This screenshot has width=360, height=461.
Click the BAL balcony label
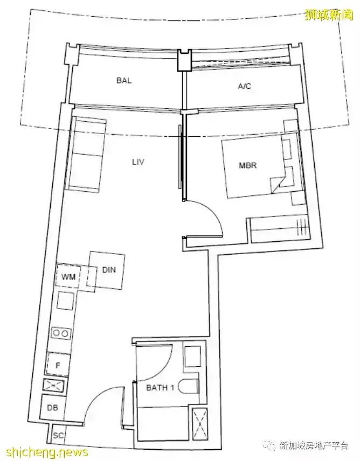click(124, 80)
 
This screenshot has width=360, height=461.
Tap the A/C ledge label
click(245, 86)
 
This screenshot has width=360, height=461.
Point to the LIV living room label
click(138, 162)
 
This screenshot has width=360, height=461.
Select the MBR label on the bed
click(248, 165)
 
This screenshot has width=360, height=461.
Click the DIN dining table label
click(109, 270)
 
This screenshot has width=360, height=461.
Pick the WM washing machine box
click(68, 276)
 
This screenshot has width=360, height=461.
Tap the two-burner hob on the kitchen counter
click(61, 333)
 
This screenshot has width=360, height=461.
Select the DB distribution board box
click(52, 408)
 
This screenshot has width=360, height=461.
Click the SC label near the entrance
click(58, 435)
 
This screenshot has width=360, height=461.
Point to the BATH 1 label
click(160, 388)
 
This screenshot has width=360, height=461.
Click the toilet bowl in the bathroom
click(189, 386)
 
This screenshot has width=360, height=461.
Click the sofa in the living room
click(85, 155)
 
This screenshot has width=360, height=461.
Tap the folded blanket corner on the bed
click(277, 185)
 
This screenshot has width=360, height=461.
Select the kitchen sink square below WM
click(65, 301)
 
